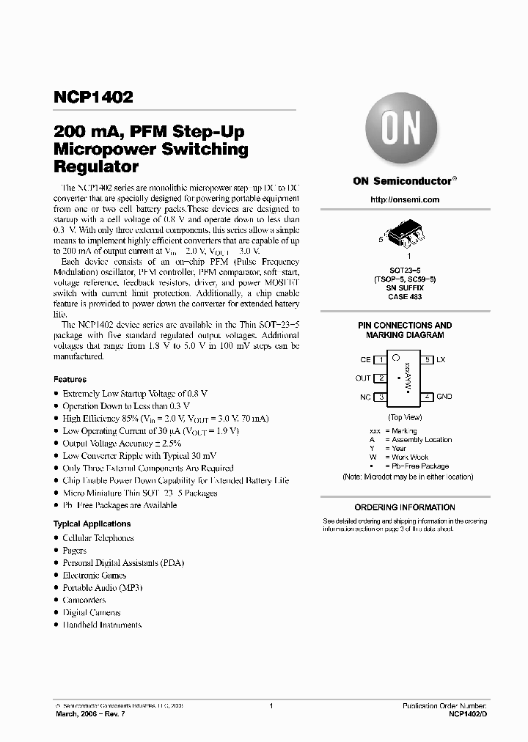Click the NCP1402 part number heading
93,98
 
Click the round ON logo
400,132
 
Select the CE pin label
365,360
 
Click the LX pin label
441,360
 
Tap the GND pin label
444,397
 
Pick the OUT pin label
363,378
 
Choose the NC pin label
364,397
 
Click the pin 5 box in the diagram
427,360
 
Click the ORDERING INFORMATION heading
405,507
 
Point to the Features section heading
70,380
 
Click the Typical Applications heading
92,524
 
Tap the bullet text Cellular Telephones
98,538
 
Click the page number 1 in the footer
271,705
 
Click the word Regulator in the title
97,166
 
